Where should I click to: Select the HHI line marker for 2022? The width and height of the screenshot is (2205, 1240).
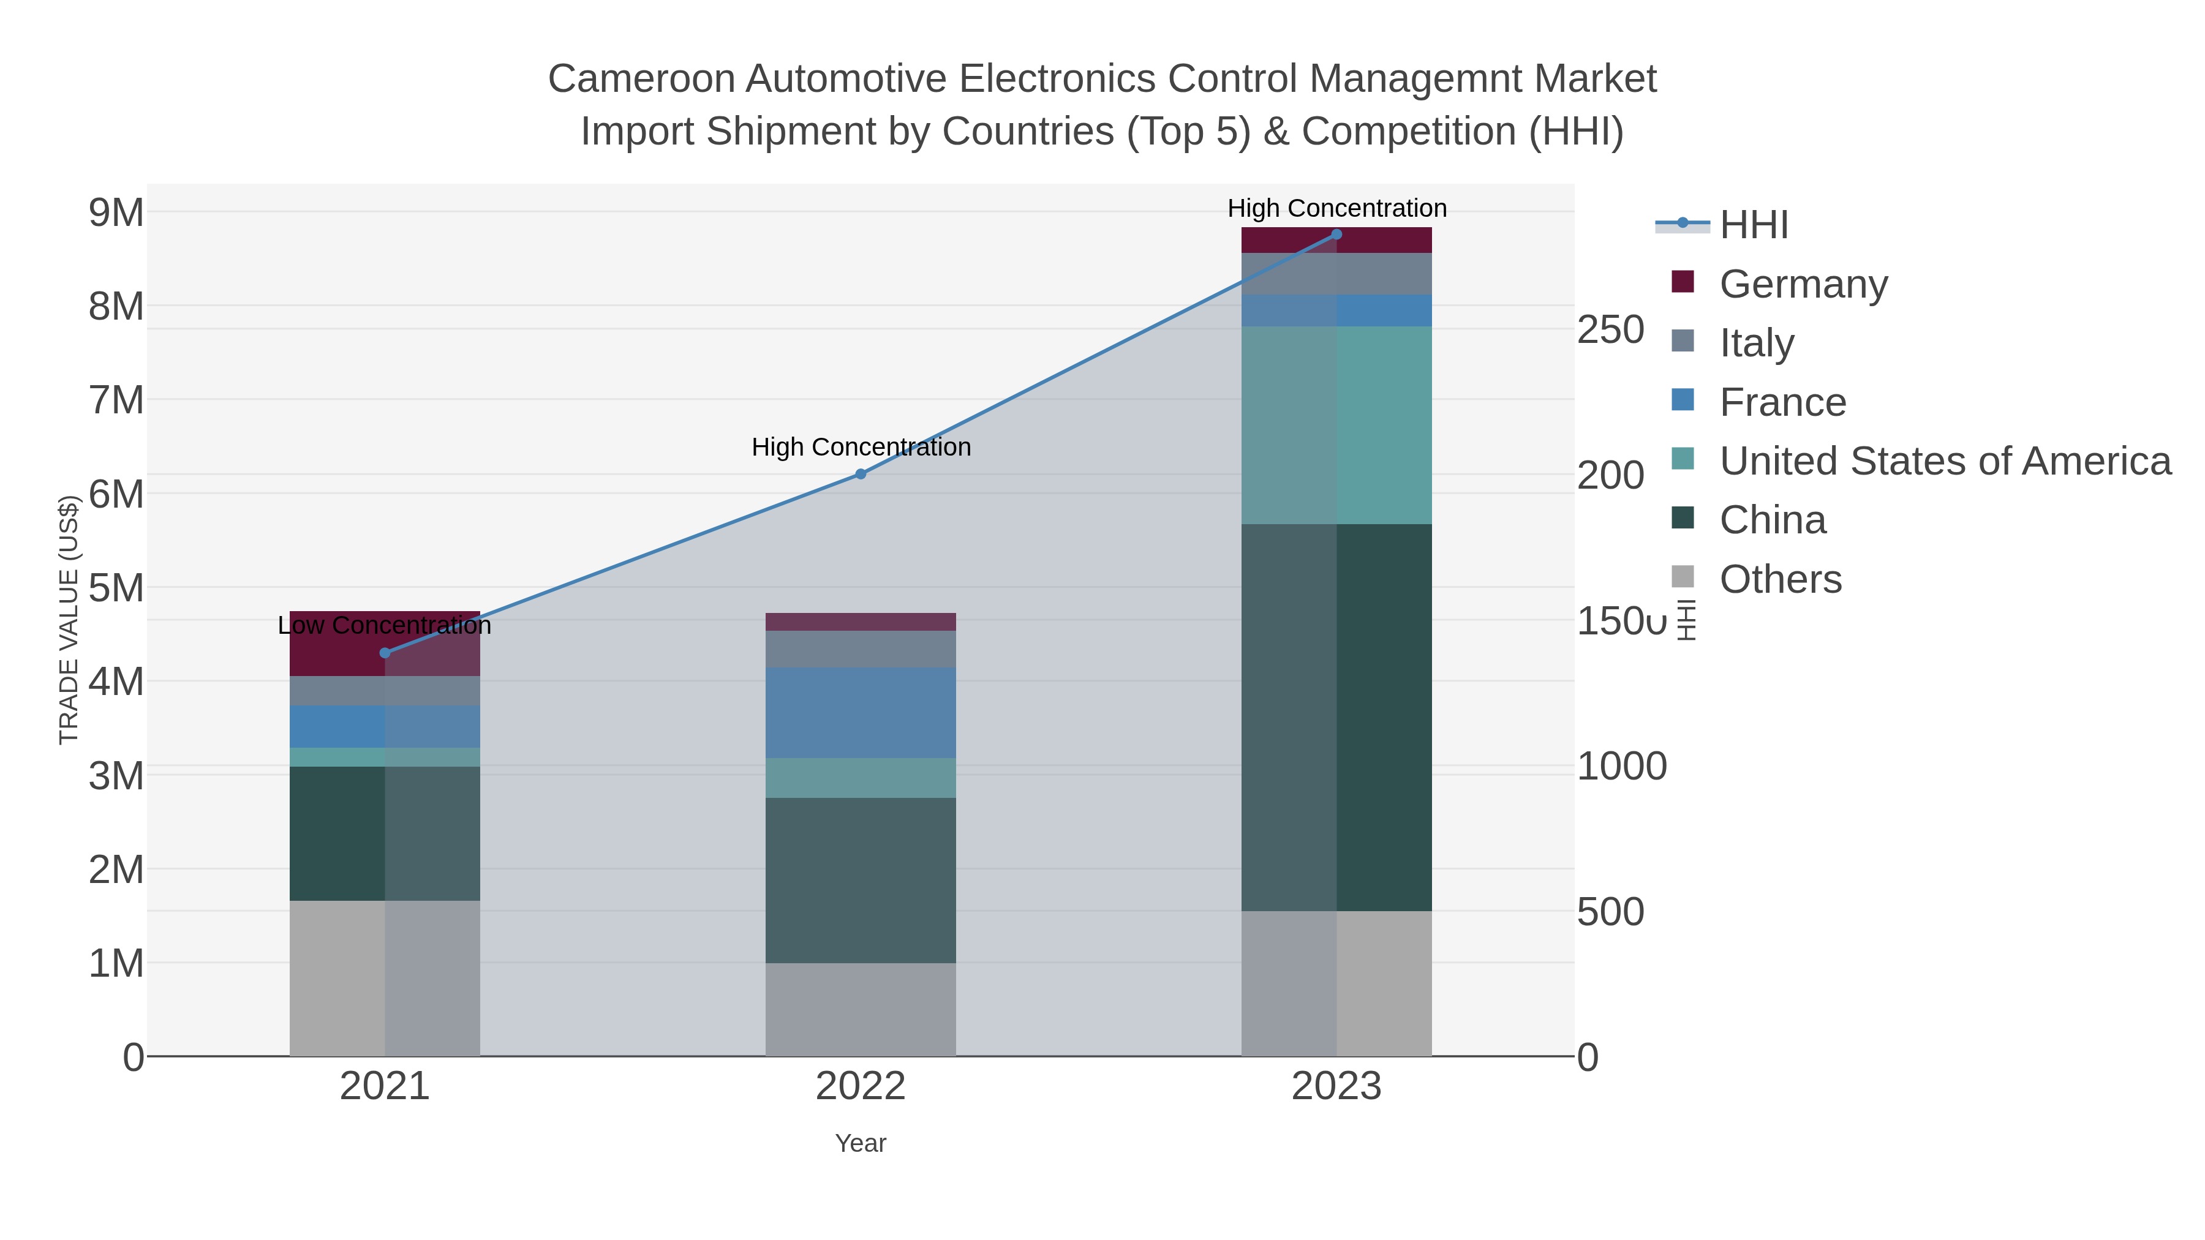[861, 474]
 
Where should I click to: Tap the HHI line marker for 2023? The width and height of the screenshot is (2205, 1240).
[1336, 235]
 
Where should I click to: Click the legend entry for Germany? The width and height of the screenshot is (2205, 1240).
[1803, 284]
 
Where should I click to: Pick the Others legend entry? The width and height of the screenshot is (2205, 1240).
[1779, 579]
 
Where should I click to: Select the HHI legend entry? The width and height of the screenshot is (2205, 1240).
[1753, 225]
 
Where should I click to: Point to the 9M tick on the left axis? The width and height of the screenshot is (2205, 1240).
[116, 212]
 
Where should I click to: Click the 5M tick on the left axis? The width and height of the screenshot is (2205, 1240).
[116, 588]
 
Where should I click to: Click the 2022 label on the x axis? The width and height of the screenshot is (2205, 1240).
[861, 1087]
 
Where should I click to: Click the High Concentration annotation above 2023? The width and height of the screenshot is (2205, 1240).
[1336, 208]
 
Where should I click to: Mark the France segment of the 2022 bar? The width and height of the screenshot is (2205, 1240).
[861, 713]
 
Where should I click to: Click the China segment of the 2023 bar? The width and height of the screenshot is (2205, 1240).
[1336, 717]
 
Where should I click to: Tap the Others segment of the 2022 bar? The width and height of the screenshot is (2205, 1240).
[861, 1010]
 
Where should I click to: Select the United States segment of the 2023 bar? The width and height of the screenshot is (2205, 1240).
[1336, 426]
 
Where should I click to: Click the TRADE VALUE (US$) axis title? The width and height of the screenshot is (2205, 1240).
[69, 620]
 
